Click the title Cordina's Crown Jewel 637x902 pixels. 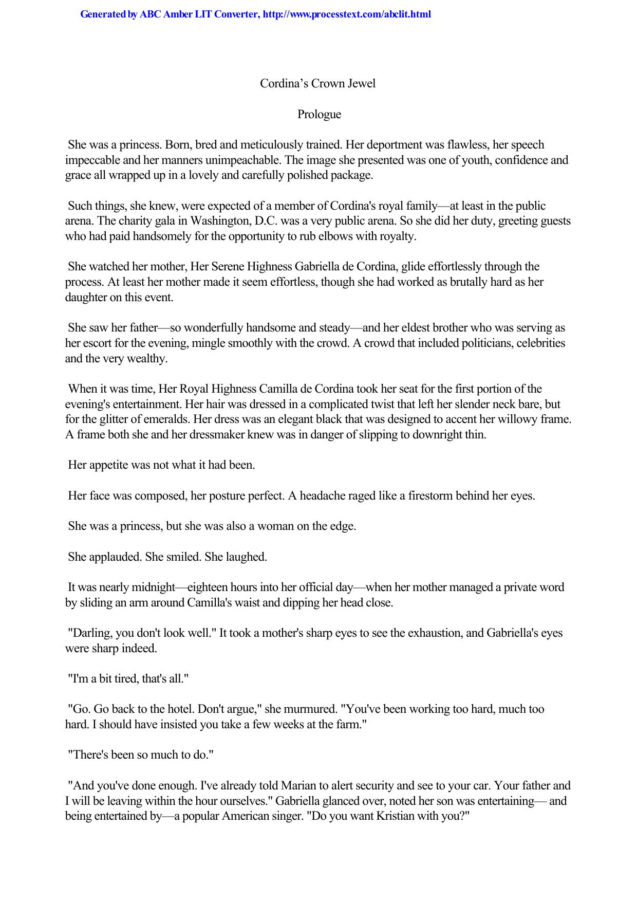tap(317, 83)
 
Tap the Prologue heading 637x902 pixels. tap(319, 114)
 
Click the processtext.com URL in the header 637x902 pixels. tap(346, 14)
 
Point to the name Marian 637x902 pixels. tap(298, 786)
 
